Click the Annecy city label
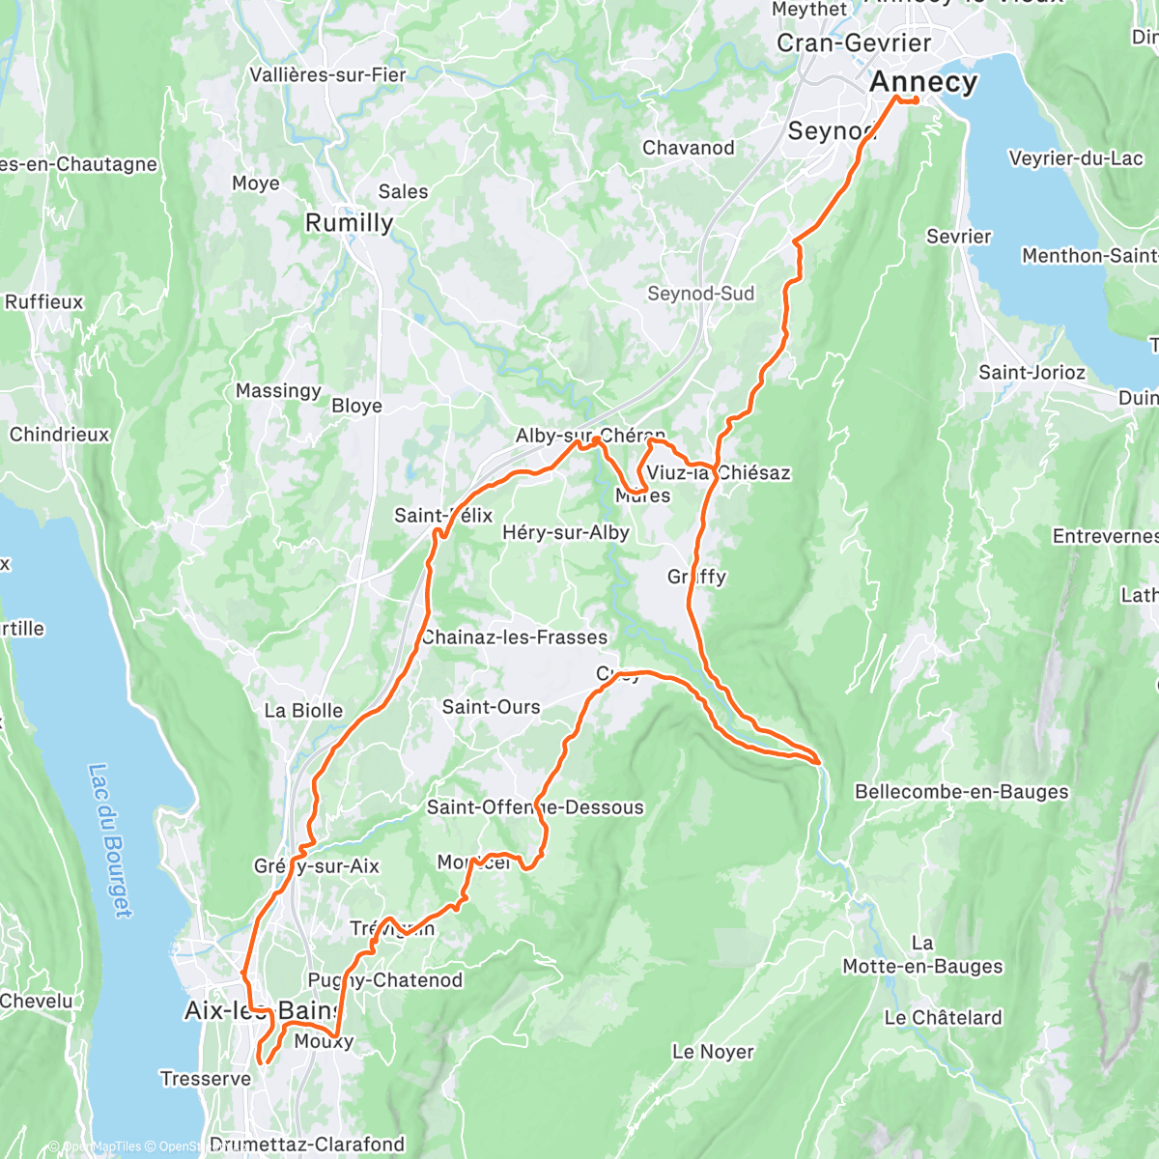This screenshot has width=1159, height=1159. (x=923, y=82)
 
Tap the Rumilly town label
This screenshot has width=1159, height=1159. (x=350, y=223)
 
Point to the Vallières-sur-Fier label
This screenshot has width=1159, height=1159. (x=327, y=74)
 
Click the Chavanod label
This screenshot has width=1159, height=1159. (x=689, y=148)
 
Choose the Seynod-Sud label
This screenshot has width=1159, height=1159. (x=700, y=294)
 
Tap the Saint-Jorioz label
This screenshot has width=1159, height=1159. (x=1032, y=373)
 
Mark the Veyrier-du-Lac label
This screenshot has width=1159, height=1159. (x=1075, y=158)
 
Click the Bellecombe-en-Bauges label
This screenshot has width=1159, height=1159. (x=961, y=792)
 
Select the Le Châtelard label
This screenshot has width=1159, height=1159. (x=943, y=1018)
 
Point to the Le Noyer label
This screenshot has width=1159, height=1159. (x=713, y=1052)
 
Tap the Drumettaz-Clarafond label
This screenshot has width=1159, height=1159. (x=307, y=1145)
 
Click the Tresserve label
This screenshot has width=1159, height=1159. (x=206, y=1079)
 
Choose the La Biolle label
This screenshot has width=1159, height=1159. (x=303, y=711)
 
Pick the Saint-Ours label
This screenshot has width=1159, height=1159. (x=491, y=707)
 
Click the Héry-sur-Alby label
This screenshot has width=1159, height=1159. (x=566, y=532)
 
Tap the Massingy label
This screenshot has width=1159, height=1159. (x=278, y=391)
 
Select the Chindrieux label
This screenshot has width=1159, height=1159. (x=60, y=435)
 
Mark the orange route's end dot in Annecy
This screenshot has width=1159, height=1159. (x=915, y=99)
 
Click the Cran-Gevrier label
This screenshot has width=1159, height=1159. (x=854, y=43)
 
